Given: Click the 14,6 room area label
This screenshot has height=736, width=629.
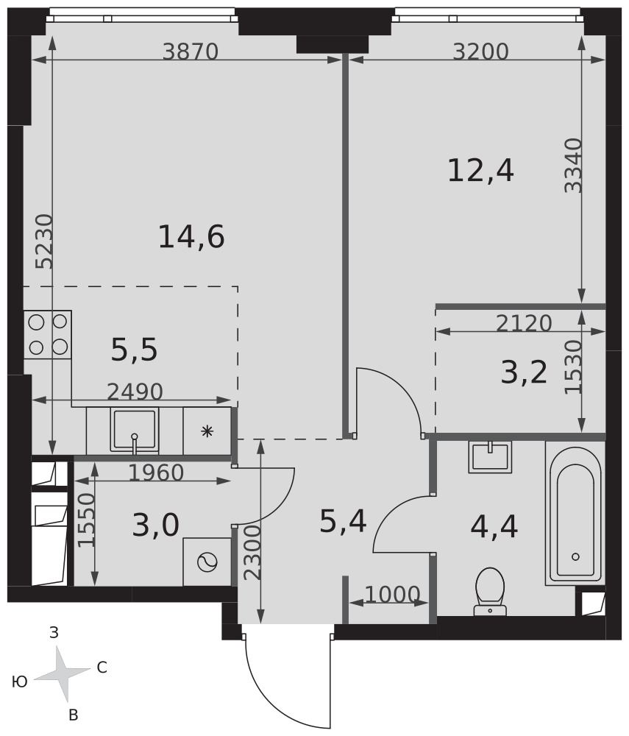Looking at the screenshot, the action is pyautogui.click(x=191, y=237).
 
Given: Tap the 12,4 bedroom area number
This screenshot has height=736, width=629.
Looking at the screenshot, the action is pyautogui.click(x=481, y=171).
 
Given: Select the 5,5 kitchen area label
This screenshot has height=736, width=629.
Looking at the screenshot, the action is pyautogui.click(x=134, y=350).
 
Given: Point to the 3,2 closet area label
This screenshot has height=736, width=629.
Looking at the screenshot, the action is pyautogui.click(x=524, y=373).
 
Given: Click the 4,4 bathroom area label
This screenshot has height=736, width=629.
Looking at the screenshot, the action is pyautogui.click(x=494, y=527).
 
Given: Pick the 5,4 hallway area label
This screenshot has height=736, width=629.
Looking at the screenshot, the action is pyautogui.click(x=343, y=522).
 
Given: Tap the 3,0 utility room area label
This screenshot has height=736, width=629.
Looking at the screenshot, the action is pyautogui.click(x=156, y=525).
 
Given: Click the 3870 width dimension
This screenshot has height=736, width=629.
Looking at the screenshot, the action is pyautogui.click(x=191, y=52).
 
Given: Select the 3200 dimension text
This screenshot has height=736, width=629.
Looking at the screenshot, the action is pyautogui.click(x=480, y=52).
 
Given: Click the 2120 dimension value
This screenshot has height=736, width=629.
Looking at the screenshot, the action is pyautogui.click(x=524, y=323).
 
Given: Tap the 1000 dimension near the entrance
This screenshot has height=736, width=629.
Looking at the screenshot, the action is pyautogui.click(x=392, y=595).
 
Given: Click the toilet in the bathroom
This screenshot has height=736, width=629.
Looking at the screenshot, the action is pyautogui.click(x=490, y=591).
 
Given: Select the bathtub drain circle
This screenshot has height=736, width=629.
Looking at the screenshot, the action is pyautogui.click(x=575, y=556).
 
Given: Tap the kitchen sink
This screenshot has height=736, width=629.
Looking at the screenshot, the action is pyautogui.click(x=134, y=431).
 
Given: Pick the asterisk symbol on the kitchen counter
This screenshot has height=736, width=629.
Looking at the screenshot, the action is pyautogui.click(x=207, y=431).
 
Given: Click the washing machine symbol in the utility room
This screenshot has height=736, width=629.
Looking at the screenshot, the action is pyautogui.click(x=207, y=562).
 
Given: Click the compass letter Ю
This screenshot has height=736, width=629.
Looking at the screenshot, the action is pyautogui.click(x=20, y=682).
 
